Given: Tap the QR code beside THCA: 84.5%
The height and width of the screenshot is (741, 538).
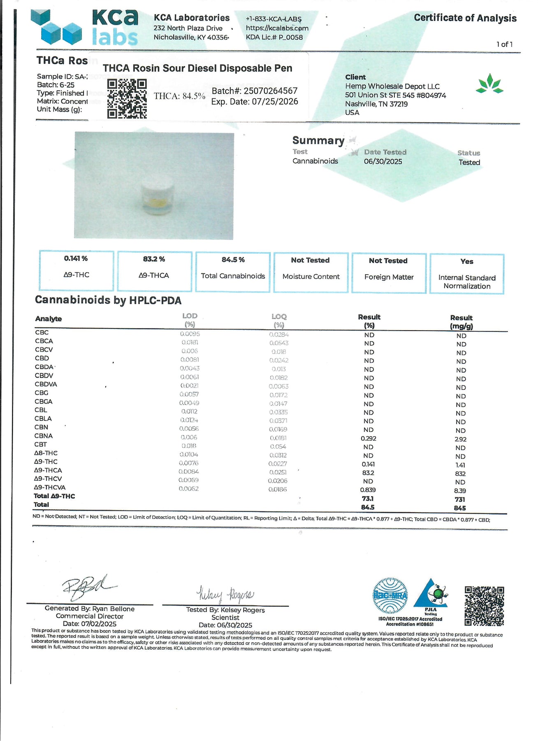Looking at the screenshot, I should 127,99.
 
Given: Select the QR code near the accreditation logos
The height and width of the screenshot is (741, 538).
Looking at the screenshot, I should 484,606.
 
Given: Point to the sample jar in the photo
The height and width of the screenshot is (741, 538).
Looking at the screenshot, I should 157,196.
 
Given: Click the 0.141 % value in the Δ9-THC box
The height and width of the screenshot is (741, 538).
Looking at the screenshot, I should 76,259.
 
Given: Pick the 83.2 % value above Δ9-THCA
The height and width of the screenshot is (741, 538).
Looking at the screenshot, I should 154,259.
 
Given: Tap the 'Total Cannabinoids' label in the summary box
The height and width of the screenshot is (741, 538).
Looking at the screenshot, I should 233,276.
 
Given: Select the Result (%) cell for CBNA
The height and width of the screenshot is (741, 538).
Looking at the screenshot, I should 369,438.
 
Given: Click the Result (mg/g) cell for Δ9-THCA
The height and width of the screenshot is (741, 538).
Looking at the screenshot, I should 460,473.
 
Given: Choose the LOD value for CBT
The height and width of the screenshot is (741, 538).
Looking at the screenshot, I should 189,446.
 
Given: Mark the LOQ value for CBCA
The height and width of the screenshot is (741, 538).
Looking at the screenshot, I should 279,343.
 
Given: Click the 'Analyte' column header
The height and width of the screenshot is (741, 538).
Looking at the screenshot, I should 49,319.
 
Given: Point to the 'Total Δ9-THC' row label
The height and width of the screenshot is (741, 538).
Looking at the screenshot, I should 54,496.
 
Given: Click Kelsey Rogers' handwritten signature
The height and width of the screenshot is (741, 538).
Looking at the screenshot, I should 225,594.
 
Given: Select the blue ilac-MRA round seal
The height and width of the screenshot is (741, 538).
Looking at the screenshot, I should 390,596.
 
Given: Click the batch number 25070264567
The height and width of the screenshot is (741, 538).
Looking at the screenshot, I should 270,91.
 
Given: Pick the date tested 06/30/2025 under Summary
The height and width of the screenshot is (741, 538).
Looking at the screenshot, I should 383,161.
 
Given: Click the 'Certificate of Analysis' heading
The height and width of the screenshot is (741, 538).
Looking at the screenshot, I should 465,18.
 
